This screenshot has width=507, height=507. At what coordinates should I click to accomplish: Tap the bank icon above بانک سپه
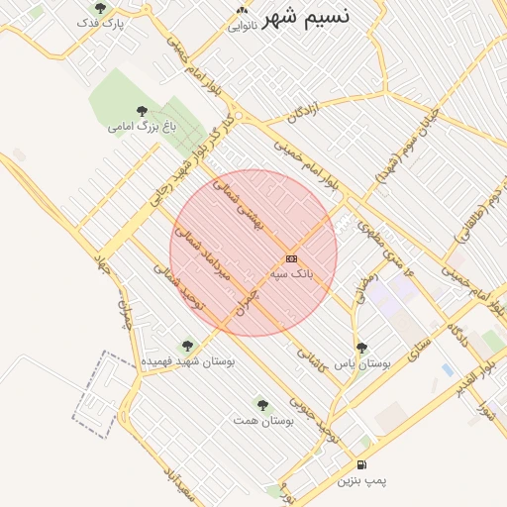click(x=291, y=257)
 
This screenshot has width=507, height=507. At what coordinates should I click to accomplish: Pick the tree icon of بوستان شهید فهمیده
click(x=187, y=346)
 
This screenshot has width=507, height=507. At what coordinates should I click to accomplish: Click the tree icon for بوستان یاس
click(x=361, y=348)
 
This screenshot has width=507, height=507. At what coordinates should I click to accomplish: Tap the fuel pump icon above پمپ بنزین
click(x=360, y=464)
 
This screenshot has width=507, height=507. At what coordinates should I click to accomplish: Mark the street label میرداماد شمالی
click(x=204, y=253)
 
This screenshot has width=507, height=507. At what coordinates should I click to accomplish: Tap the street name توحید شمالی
click(x=179, y=286)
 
